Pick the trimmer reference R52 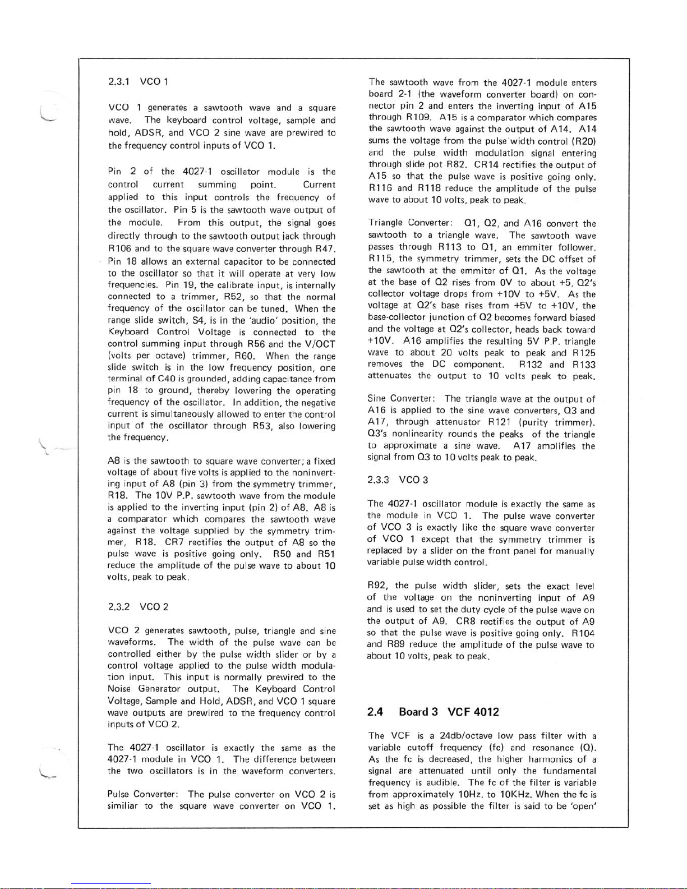233,296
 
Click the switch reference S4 198,320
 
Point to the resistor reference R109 418,117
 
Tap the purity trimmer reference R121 498,422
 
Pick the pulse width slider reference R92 379,586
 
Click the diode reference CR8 467,621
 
